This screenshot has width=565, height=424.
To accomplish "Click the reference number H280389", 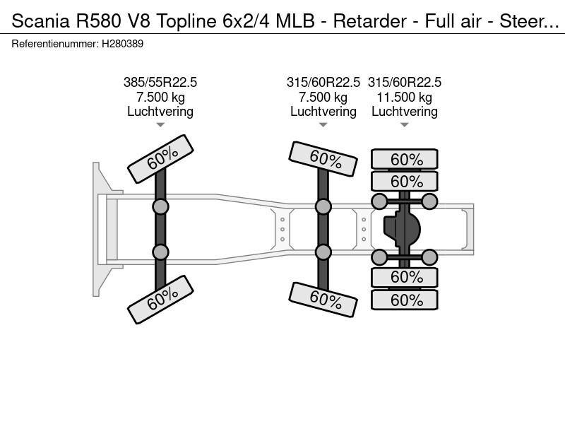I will (x=123, y=44).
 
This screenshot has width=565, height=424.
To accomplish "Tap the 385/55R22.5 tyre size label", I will (x=160, y=83).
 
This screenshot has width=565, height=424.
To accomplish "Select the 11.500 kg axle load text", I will (x=405, y=97).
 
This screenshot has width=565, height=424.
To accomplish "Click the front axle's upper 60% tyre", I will (x=160, y=160).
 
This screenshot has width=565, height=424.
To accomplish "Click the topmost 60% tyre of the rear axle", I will (x=405, y=160).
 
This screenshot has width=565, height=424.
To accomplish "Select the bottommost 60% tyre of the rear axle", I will (x=405, y=300).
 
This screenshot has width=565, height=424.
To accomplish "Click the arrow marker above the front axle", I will (x=160, y=125).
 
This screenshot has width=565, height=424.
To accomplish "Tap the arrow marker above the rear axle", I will (x=405, y=125).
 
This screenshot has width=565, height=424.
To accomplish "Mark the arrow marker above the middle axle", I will (x=323, y=125).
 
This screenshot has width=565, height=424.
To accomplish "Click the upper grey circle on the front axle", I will (x=160, y=206).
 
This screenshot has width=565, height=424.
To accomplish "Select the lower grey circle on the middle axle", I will (x=323, y=252).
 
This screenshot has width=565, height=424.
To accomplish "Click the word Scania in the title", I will (x=37, y=21).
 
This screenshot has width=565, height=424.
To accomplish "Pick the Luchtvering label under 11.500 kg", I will (x=405, y=111).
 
